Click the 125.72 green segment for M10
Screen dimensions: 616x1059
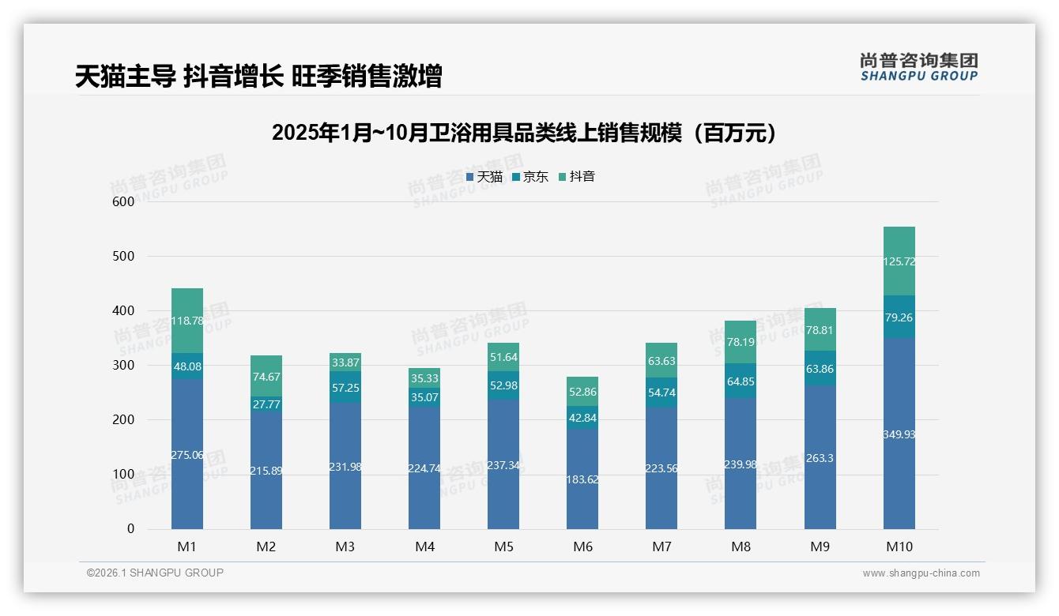pyautogui.click(x=899, y=261)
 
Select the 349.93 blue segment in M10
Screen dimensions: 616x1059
pyautogui.click(x=899, y=434)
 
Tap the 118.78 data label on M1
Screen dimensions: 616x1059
pyautogui.click(x=187, y=321)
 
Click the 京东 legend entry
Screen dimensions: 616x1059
pyautogui.click(x=531, y=177)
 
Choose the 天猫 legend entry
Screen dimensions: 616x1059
pyautogui.click(x=484, y=177)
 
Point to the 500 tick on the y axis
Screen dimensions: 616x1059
pyautogui.click(x=124, y=257)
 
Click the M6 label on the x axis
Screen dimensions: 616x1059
pyautogui.click(x=582, y=547)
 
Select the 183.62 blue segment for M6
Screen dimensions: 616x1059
pyautogui.click(x=582, y=479)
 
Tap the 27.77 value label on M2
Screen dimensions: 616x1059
pyautogui.click(x=266, y=404)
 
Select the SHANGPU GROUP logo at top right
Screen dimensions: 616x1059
pyautogui.click(x=918, y=66)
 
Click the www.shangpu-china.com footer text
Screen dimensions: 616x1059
pyautogui.click(x=921, y=573)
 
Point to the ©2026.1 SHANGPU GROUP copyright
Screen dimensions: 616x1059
pyautogui.click(x=155, y=573)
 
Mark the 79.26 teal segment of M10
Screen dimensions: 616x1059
pyautogui.click(x=899, y=317)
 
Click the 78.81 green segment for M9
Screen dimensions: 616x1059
pyautogui.click(x=820, y=330)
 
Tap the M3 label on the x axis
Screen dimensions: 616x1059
pyautogui.click(x=345, y=547)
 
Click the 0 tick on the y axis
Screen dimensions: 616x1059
pyautogui.click(x=130, y=529)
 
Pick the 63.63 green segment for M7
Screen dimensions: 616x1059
pyautogui.click(x=661, y=361)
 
